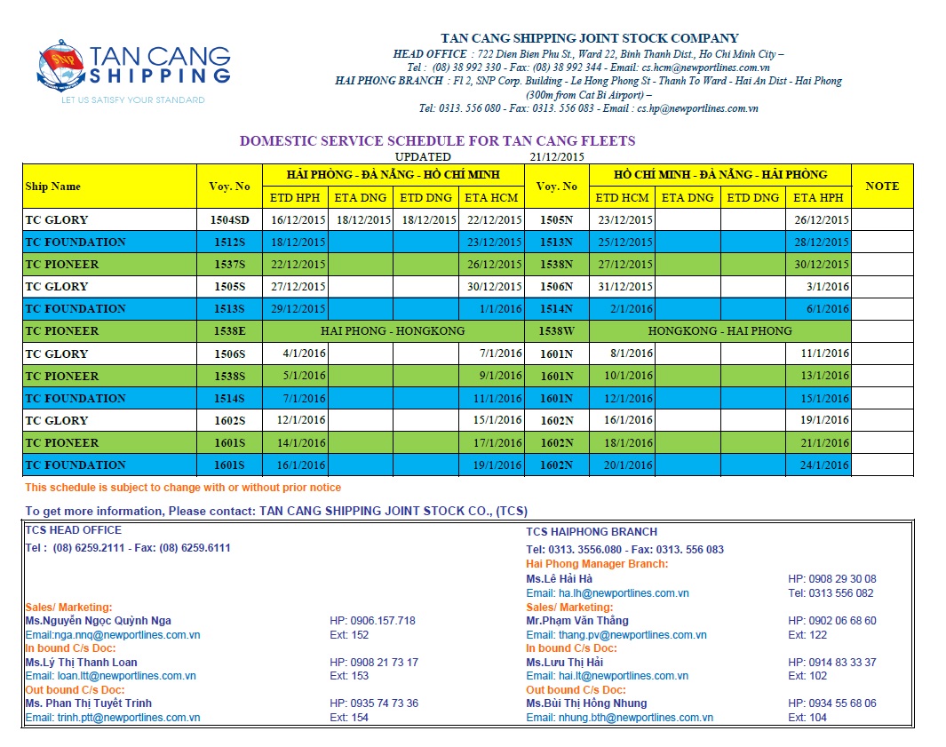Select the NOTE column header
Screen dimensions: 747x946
(x=881, y=187)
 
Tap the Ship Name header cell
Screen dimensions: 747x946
(x=53, y=187)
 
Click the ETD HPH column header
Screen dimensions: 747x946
(x=298, y=198)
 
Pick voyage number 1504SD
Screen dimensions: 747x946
(x=230, y=220)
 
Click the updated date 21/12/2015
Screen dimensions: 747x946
(x=557, y=156)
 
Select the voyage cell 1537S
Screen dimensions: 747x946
(x=230, y=265)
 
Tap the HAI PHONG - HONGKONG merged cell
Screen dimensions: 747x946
(x=393, y=331)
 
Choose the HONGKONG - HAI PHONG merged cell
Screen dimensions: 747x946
(x=719, y=331)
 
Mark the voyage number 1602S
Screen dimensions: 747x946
(x=230, y=421)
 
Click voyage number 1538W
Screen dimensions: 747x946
(x=556, y=331)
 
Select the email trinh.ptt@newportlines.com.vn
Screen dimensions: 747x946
(x=112, y=718)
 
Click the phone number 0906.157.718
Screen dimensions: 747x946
(x=372, y=621)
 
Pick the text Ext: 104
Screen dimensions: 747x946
(x=807, y=718)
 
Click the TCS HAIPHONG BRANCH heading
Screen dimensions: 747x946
(x=592, y=532)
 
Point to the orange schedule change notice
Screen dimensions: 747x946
(x=183, y=488)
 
